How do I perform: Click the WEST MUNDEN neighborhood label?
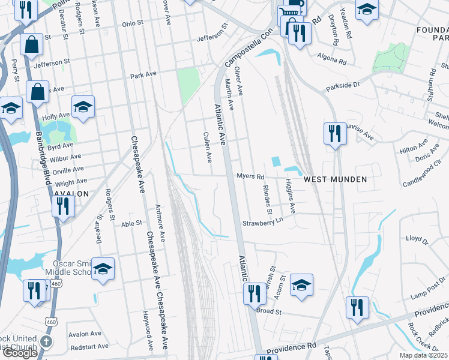point(334,179)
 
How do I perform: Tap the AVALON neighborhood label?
point(71,194)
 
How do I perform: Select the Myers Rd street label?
point(251,176)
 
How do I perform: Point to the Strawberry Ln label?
point(262,223)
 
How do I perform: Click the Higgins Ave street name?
point(291,196)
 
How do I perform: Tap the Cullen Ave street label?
point(208,148)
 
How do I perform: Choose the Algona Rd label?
point(334,62)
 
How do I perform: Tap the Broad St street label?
point(269,312)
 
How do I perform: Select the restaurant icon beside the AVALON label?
point(63,206)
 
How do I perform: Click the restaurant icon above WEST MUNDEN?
point(334,133)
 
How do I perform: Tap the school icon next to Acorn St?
point(301,284)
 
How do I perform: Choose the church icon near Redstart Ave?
point(46,341)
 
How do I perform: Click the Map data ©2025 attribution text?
point(424,355)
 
